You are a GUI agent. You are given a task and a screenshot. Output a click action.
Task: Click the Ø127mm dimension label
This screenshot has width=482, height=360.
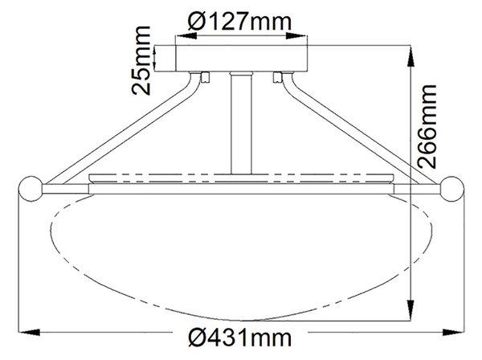click(239, 22)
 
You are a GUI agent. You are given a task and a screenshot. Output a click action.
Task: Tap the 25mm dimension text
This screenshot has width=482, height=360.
click(141, 60)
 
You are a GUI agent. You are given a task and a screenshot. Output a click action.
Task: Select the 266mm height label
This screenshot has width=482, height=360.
click(427, 126)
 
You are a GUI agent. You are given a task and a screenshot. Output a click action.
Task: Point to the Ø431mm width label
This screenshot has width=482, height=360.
click(239, 337)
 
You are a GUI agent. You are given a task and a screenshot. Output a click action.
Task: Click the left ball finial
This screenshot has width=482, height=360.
click(31, 189)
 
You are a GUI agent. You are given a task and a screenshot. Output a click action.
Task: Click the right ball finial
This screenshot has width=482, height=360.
click(451, 189)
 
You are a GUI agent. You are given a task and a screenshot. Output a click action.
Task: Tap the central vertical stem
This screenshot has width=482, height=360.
click(241, 123)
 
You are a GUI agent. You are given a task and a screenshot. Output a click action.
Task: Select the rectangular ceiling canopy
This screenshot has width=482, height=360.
click(231, 59)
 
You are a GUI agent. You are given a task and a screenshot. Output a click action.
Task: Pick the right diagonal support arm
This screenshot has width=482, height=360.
click(360, 129)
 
